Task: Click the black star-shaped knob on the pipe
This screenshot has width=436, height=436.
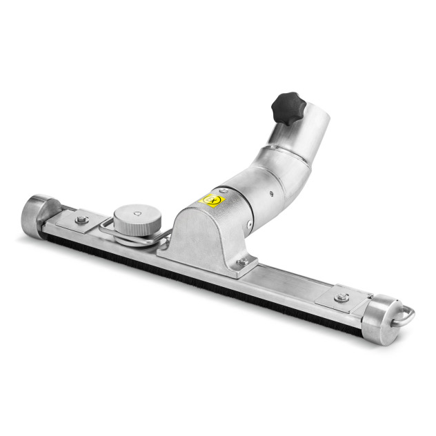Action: tap(288, 107)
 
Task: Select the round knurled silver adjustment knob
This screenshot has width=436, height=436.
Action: tap(139, 219)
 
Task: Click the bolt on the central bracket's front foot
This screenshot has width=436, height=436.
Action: tap(242, 262)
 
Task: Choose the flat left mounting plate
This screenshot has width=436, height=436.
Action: tap(76, 222)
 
